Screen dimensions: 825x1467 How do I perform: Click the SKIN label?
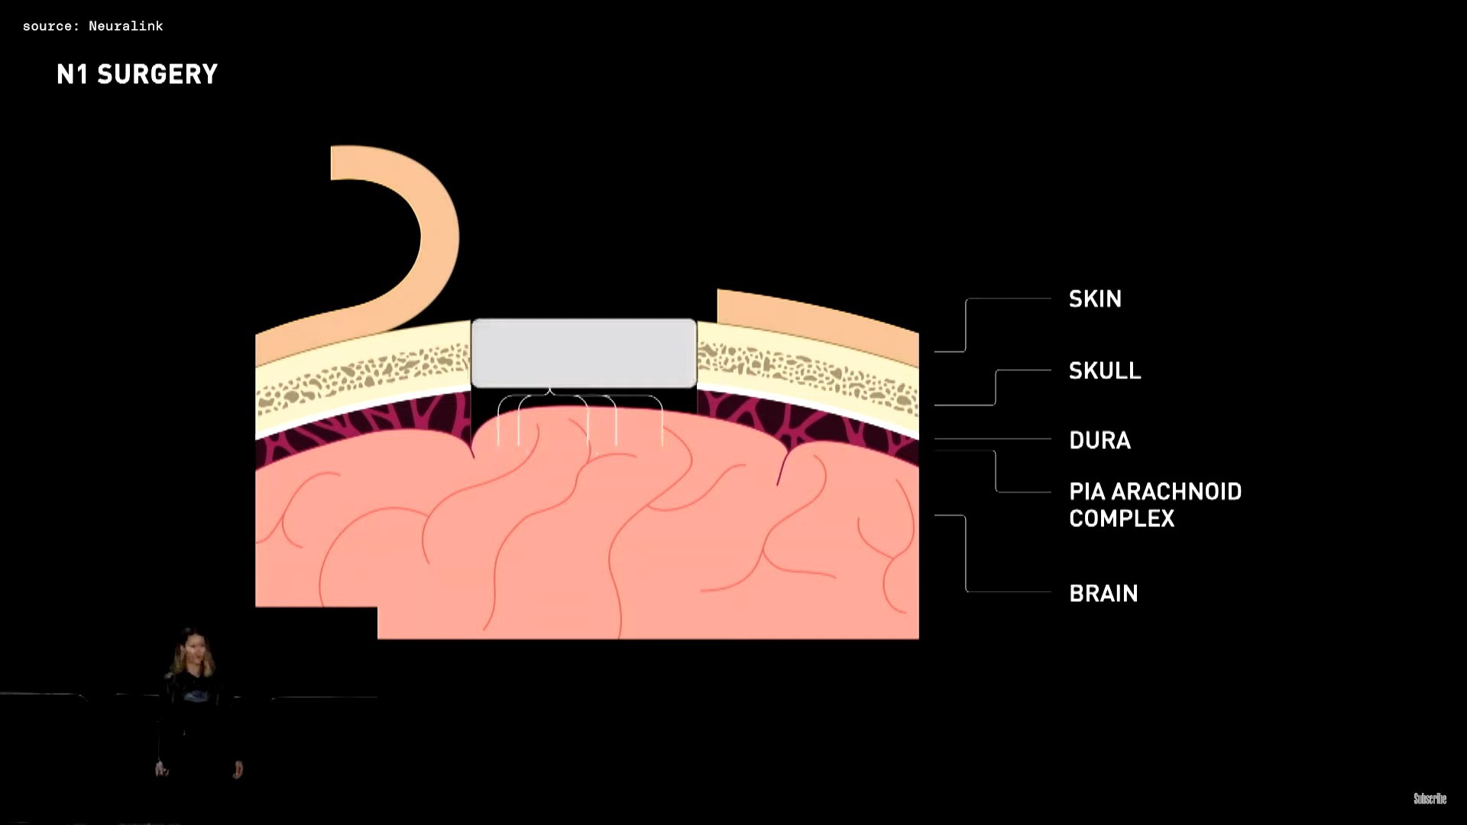[x=1095, y=299]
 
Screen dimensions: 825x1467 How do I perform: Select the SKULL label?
[x=1105, y=370]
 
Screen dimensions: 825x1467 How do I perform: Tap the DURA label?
[x=1099, y=440]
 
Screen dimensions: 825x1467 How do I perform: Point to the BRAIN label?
[x=1103, y=594]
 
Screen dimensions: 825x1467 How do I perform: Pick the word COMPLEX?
[x=1122, y=519]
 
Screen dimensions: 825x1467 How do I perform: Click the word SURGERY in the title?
[x=157, y=74]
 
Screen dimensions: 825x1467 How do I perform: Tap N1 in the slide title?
[x=73, y=74]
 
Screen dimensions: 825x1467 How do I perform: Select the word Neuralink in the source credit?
[x=125, y=26]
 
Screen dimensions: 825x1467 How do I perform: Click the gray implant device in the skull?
[x=584, y=353]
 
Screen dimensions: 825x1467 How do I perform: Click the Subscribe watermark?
[x=1430, y=798]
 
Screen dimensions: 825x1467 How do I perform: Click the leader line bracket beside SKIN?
[x=967, y=325]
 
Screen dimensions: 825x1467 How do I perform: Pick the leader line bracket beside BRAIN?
[x=967, y=554]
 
